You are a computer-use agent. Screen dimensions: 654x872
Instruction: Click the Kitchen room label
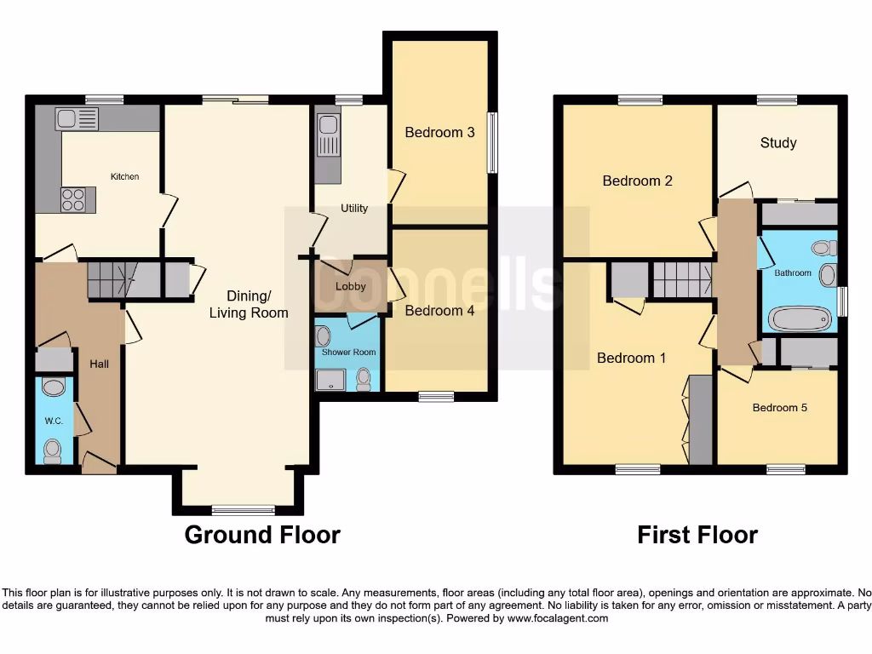pos(124,177)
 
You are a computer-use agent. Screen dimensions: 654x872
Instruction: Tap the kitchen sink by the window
pos(77,118)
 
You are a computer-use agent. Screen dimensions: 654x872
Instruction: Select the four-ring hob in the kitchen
pos(73,199)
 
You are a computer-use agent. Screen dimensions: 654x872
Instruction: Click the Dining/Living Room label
pos(249,304)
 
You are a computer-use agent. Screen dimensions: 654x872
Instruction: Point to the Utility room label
pos(354,208)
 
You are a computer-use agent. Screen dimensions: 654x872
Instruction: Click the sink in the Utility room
pos(328,136)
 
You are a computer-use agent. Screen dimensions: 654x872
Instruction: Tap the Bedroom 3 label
pos(439,132)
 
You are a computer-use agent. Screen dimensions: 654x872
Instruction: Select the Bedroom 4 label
pos(439,311)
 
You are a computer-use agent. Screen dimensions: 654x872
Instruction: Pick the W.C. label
pos(54,420)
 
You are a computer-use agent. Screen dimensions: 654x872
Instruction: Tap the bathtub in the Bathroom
pos(799,319)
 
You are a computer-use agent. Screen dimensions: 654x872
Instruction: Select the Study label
pos(778,142)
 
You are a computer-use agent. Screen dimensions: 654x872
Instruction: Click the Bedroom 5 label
pos(779,408)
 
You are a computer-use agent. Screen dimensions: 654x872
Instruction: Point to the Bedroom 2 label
pos(637,181)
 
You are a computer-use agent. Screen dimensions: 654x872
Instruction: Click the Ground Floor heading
pos(262,535)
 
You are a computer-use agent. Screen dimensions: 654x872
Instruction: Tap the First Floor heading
pos(697,535)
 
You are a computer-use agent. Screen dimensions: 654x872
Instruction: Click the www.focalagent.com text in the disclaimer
pos(559,618)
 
